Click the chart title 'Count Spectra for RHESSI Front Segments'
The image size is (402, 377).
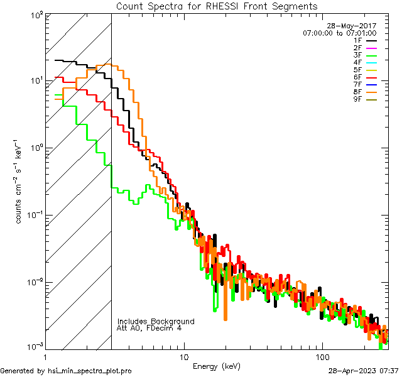point(217,6)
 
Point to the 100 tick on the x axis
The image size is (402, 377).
point(322,356)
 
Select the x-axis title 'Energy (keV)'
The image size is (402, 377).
point(217,366)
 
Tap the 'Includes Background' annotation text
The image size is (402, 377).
point(156,321)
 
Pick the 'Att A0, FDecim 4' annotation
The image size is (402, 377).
point(149,328)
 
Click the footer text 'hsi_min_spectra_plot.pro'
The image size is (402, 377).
point(90,371)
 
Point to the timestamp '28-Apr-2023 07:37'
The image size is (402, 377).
point(364,371)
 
